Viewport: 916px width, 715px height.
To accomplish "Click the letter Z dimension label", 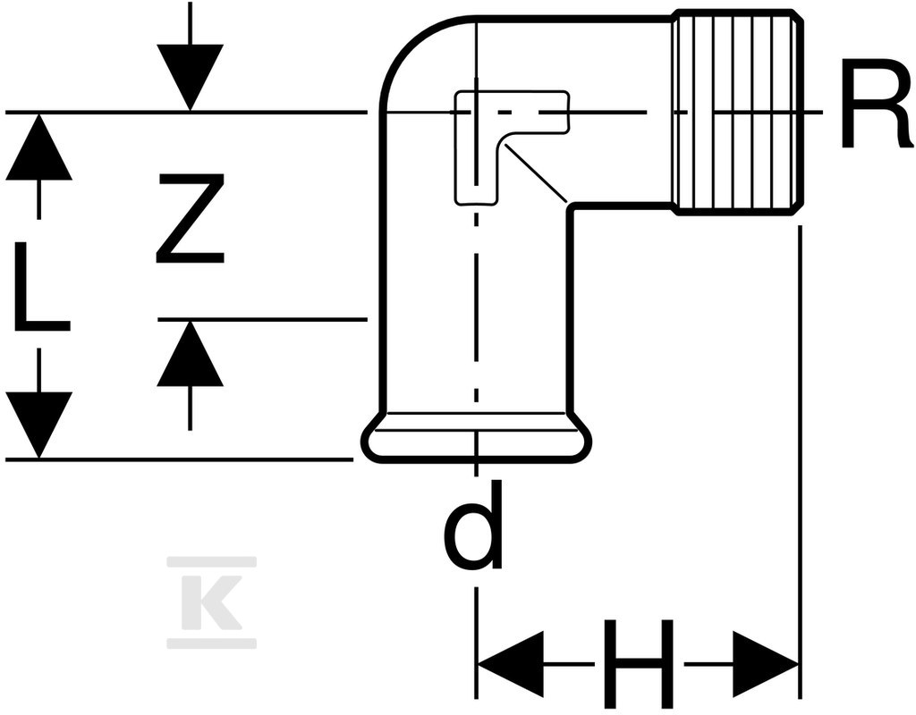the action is point(190,219).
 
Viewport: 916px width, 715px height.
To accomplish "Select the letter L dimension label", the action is point(41,286).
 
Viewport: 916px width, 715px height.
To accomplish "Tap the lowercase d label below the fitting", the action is point(473,526).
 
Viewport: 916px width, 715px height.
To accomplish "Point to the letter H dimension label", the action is point(639,664).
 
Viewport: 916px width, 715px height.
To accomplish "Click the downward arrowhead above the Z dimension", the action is point(190,77).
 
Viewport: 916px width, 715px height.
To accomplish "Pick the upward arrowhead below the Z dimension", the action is point(190,353).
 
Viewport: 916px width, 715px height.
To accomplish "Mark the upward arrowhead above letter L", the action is point(39,147).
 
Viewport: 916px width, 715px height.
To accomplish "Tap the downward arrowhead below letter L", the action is point(39,425).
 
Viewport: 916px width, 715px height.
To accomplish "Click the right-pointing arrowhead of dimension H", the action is point(766,664).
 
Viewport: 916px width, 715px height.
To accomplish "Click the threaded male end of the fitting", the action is point(736,113).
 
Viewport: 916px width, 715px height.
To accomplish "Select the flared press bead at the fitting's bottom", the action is point(478,438).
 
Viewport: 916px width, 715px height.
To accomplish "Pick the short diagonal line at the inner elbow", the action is point(536,172).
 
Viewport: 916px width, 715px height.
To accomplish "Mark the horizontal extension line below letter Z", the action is point(262,319).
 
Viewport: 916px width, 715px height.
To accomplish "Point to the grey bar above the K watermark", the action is point(211,562).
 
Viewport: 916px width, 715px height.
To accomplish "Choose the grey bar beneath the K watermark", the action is point(211,643).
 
